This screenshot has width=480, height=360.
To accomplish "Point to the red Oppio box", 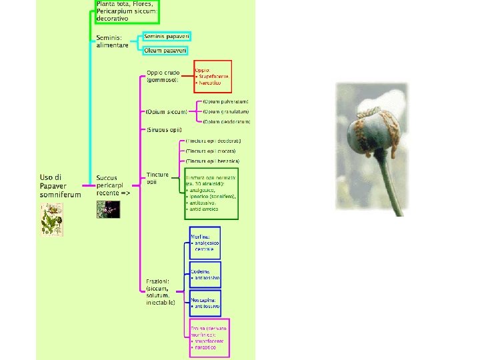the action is click(x=213, y=78).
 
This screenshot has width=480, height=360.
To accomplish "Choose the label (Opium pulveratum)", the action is click(x=226, y=101).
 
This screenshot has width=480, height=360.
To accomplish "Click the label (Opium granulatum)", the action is click(x=226, y=111).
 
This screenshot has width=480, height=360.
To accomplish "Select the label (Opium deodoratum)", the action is click(x=227, y=122).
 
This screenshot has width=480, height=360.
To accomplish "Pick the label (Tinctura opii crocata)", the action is click(x=212, y=151).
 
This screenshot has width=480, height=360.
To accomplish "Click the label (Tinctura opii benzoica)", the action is click(x=213, y=161).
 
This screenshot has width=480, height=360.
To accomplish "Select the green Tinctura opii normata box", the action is click(x=211, y=194).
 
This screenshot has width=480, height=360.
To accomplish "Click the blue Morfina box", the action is click(x=205, y=243).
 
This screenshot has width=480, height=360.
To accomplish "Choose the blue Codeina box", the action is click(x=205, y=274).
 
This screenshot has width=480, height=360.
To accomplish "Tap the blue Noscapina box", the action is click(x=205, y=303).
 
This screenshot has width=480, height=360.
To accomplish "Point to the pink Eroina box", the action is click(x=209, y=338).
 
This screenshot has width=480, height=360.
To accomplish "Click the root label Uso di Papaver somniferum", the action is click(x=60, y=186).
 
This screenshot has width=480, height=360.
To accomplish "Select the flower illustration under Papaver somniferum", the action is click(x=51, y=219).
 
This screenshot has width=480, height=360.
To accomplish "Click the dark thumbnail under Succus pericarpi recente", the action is click(x=108, y=209).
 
